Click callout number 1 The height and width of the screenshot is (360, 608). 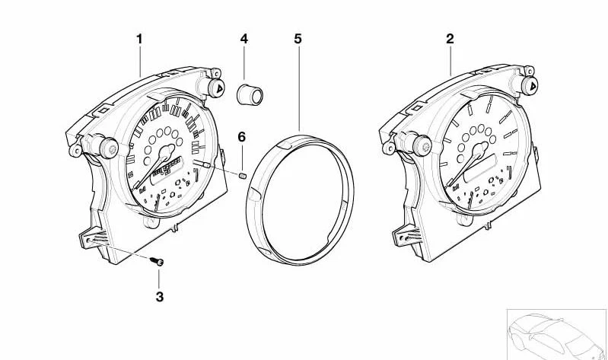click(x=139, y=39)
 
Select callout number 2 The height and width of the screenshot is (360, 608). click(x=450, y=39)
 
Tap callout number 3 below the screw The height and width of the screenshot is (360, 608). click(x=160, y=297)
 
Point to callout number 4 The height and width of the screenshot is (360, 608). click(x=244, y=39)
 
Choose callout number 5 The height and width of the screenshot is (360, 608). click(x=298, y=39)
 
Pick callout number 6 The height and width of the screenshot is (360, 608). click(x=241, y=137)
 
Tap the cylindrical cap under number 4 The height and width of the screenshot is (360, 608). click(x=250, y=94)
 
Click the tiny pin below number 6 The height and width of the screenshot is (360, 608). click(x=244, y=176)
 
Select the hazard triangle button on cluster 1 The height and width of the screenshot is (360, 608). click(x=217, y=87)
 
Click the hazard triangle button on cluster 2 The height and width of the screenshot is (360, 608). click(x=531, y=85)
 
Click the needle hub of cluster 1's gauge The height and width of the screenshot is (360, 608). click(x=168, y=150)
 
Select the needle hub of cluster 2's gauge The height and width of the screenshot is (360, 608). click(x=481, y=149)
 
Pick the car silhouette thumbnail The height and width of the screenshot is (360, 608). click(x=556, y=334)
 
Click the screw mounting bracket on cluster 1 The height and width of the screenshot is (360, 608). click(x=94, y=237)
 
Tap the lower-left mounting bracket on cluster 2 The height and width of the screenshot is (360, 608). click(x=407, y=236)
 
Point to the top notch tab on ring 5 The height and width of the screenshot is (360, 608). click(x=285, y=145)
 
